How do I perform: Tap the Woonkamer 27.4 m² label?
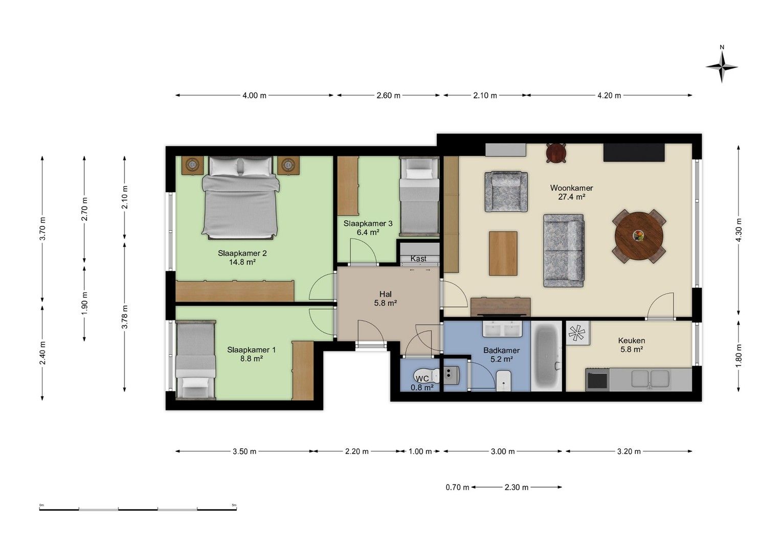coord(571,192)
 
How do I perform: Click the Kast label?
coord(418,259)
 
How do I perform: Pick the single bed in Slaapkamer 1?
coord(195,359)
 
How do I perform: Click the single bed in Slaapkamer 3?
coord(419,197)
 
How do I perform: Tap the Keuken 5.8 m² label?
coord(631,345)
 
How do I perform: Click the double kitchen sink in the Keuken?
coord(650,379)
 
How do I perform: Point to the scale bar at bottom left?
coord(138,509)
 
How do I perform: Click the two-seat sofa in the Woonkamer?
coord(563,250)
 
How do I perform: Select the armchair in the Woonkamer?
coord(506,192)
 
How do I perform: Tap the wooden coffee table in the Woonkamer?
coord(503,254)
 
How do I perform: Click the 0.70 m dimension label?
coord(457,487)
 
